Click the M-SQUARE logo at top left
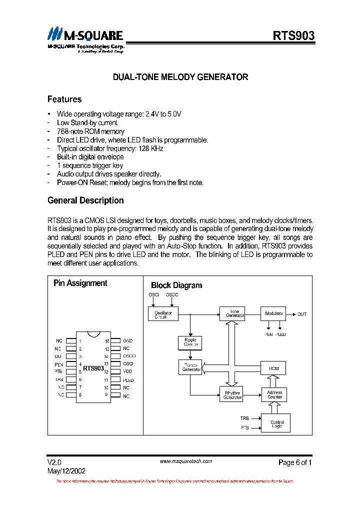pos(85,38)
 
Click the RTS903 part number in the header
pos(293,35)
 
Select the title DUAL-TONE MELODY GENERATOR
pos(180,77)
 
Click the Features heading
pos(64,99)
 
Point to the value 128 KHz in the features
pos(152,148)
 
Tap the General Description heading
pos(85,200)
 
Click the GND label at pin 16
pos(127,340)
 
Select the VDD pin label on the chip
pos(127,371)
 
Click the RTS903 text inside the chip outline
pos(93,368)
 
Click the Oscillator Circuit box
pos(163,314)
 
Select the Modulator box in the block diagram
pos(273,313)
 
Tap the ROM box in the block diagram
pos(273,368)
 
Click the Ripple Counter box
pos(190,342)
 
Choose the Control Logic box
pos(276,423)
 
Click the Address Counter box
pos(274,394)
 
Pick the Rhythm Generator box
pos(232,394)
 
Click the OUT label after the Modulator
pos(302,314)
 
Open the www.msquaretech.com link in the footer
pos(186,461)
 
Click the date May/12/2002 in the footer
pos(66,471)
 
